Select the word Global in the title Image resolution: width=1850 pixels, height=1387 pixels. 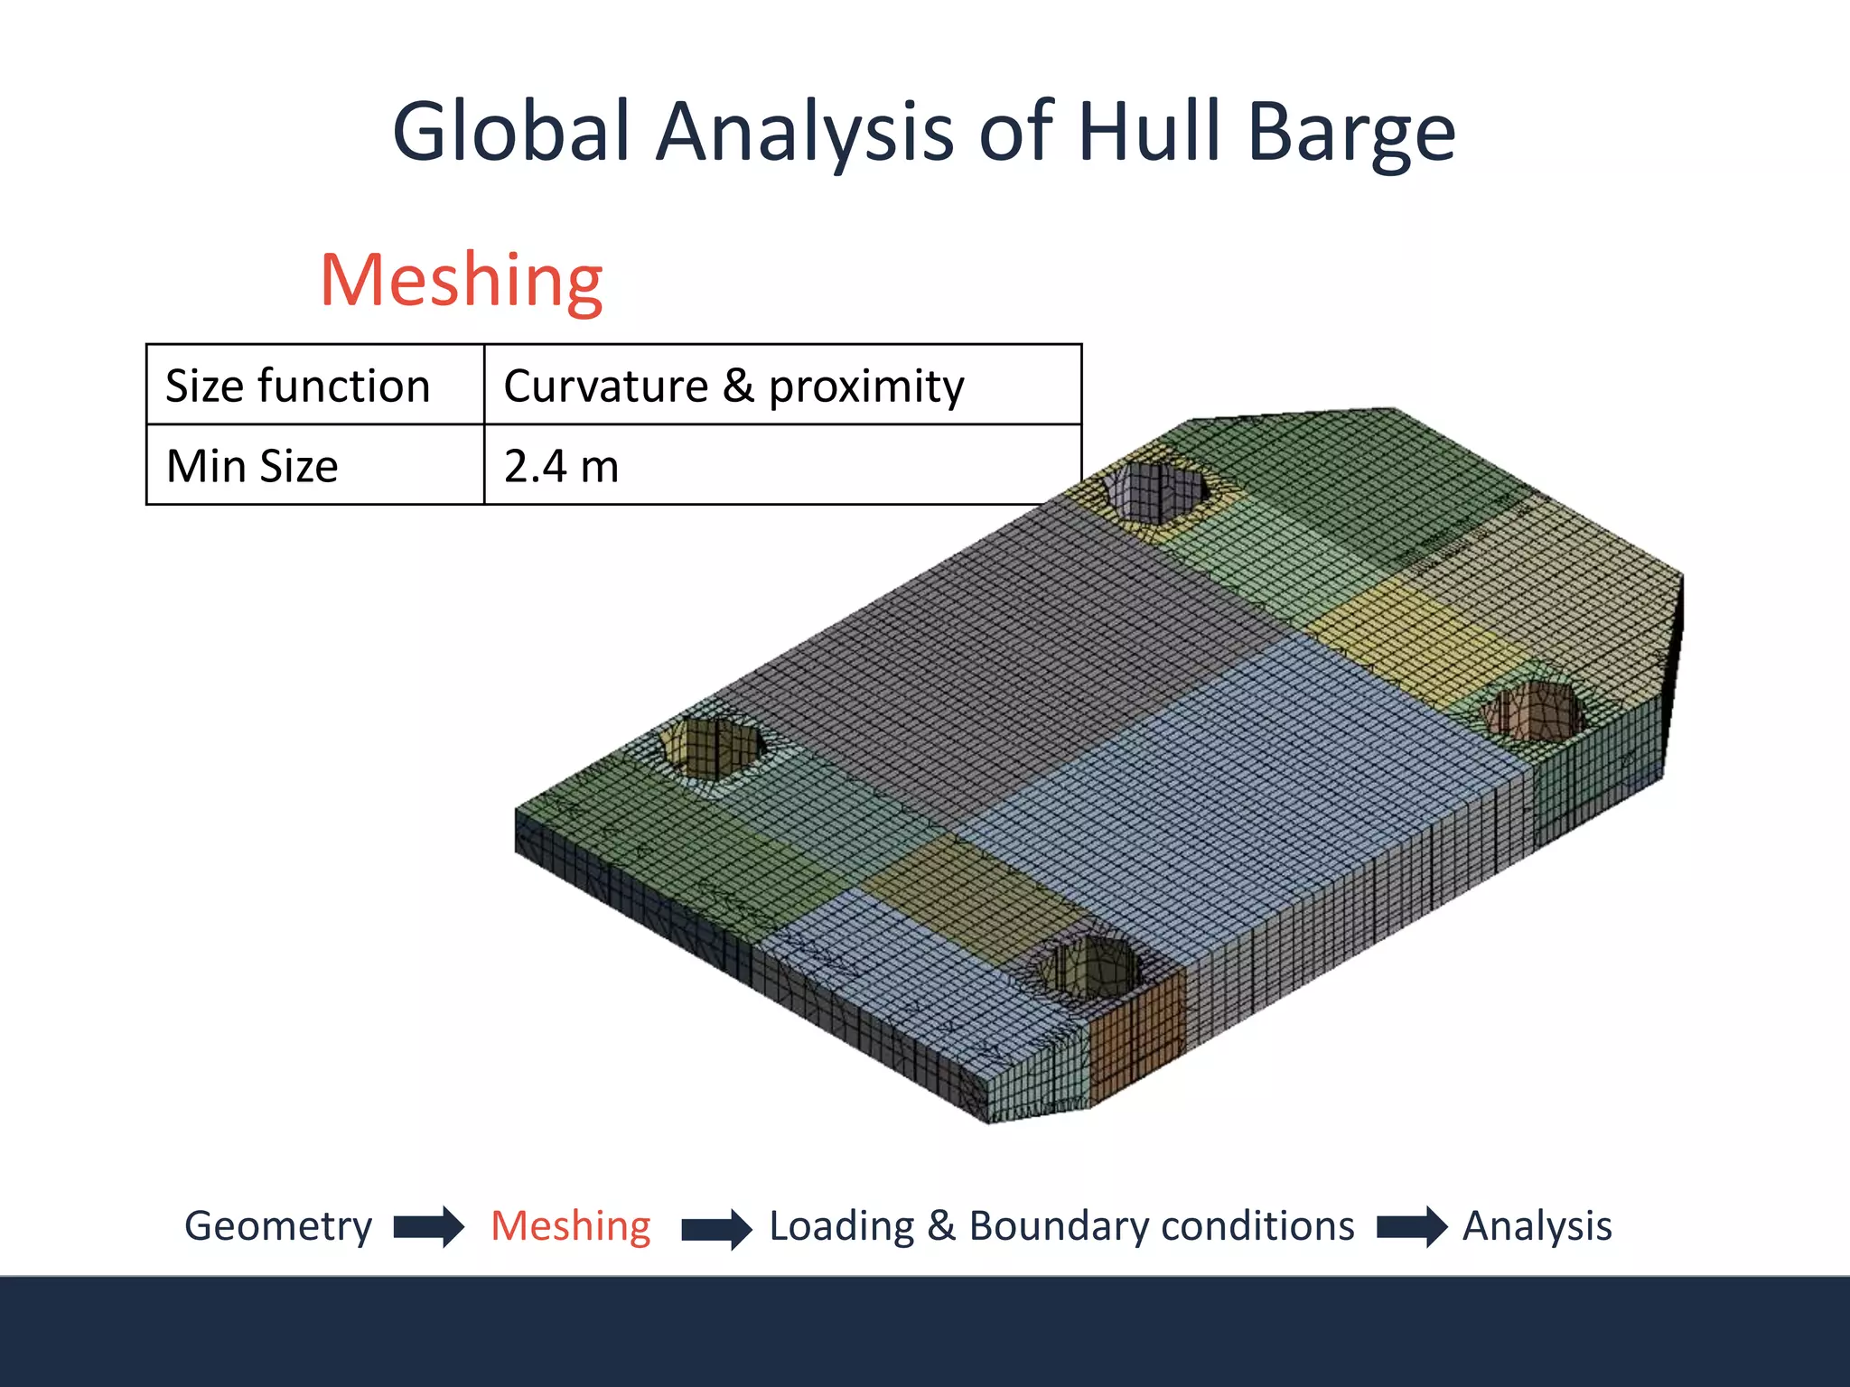click(x=511, y=132)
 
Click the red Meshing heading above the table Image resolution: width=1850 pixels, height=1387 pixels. click(x=462, y=280)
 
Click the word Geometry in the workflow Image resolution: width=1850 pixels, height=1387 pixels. click(x=278, y=1226)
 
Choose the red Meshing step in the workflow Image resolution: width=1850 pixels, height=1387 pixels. click(x=571, y=1226)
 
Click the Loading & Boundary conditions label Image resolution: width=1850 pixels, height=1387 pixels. click(x=1061, y=1226)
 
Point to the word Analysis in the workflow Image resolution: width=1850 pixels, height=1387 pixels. click(x=1537, y=1226)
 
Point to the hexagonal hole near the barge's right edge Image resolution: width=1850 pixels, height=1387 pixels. click(x=1533, y=712)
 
